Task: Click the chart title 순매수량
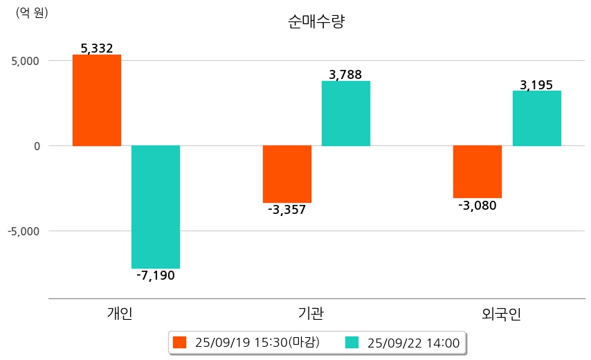coord(316,22)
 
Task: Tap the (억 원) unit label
coord(32,12)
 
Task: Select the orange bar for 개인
coord(97,100)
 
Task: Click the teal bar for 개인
coord(156,206)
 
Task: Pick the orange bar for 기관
coord(287,174)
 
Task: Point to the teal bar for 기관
coord(346,114)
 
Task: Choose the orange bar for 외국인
coord(478,172)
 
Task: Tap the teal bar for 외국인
coord(536,118)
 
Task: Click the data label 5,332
coord(97,48)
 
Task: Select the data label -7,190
coord(156,276)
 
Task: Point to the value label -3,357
coord(287,210)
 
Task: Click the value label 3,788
coord(346,75)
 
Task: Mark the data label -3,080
coord(478,205)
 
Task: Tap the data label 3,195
coord(536,84)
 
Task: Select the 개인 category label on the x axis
coord(120,314)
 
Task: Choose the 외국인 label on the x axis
coord(502,314)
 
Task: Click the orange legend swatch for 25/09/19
coord(180,342)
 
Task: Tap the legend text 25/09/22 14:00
coord(414,342)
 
